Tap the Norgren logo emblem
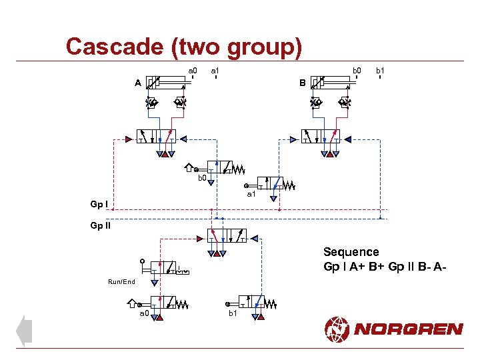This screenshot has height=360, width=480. click(337, 329)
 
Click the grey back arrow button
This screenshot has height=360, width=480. click(24, 331)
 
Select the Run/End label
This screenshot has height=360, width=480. click(121, 282)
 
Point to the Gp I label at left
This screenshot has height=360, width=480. click(99, 203)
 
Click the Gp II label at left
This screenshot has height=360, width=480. click(101, 225)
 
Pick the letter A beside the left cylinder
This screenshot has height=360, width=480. click(137, 83)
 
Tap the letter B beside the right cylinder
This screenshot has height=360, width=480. click(302, 83)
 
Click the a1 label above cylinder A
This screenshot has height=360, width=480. click(215, 70)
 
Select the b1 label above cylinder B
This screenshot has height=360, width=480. click(380, 70)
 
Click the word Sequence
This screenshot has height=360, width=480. click(351, 252)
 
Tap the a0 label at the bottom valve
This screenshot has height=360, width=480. click(144, 313)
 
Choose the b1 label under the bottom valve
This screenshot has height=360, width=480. click(233, 313)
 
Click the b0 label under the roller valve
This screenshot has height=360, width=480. click(202, 178)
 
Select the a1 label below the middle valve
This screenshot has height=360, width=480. click(251, 195)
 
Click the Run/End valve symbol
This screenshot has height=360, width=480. click(163, 267)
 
